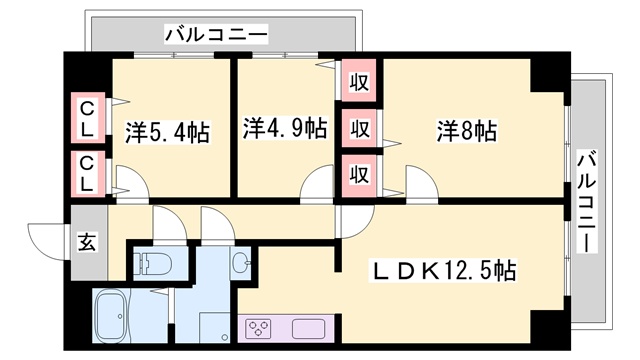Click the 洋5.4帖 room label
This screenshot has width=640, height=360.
click(x=167, y=131)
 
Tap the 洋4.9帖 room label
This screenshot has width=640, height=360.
click(x=285, y=128)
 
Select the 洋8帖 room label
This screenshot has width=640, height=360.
click(x=466, y=130)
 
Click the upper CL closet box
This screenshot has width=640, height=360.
click(x=88, y=118)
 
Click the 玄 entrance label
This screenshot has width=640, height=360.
click(x=87, y=242)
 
